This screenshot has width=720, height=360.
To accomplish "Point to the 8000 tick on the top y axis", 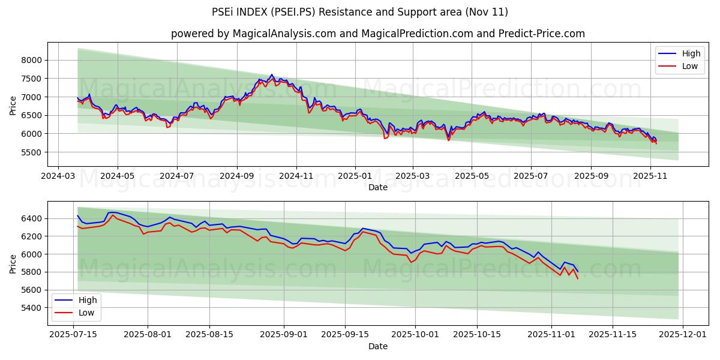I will point(32,60).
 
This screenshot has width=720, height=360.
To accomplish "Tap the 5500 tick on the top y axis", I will point(32,152).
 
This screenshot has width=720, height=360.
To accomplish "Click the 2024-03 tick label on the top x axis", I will point(58,176).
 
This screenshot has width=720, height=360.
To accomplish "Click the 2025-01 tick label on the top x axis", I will point(355,176).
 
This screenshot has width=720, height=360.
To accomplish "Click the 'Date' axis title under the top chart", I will point(377,187).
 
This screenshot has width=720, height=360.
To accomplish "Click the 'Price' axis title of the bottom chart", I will point(13,263).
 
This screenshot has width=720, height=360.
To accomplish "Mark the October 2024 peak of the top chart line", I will point(271,75).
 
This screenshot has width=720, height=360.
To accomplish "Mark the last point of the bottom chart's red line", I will point(577,278).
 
